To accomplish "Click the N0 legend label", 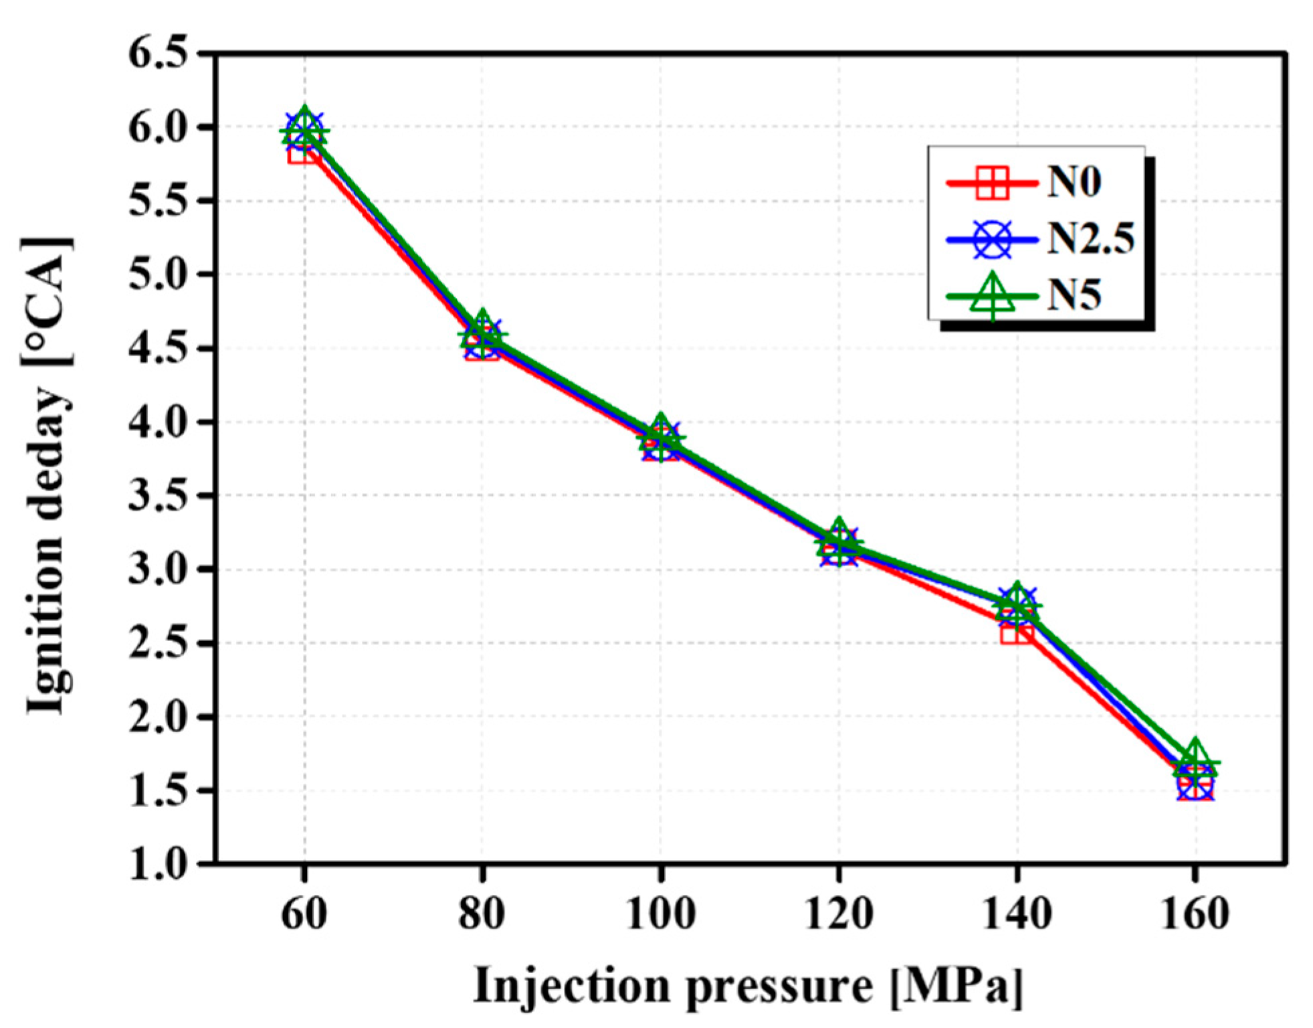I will click(x=1074, y=181).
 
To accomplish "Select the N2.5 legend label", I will click(x=1090, y=238).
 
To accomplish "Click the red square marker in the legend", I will click(x=992, y=182).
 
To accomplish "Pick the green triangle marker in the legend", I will click(x=993, y=296).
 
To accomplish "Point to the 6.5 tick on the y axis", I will click(x=158, y=54).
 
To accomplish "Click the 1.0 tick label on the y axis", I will click(x=158, y=864).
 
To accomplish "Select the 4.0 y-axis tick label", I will click(x=158, y=422).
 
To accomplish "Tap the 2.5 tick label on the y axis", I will click(x=158, y=643).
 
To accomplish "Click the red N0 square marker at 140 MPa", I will click(x=1016, y=630).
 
